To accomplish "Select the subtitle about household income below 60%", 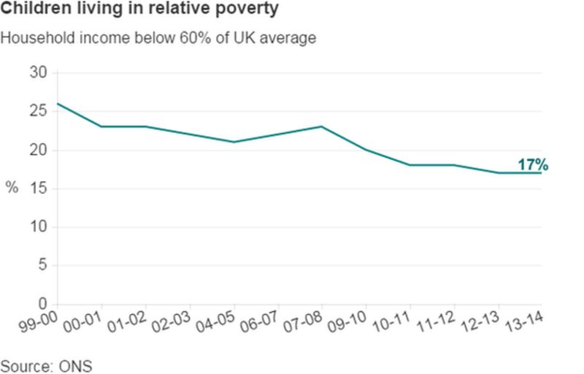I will [158, 38].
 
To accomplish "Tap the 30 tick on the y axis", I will [38, 73].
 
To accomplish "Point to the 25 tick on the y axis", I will [38, 112].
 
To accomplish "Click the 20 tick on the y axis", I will [38, 150].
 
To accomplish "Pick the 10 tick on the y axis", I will [38, 227].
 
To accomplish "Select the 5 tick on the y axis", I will [42, 266].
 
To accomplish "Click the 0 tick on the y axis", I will [42, 304].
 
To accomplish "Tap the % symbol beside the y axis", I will [12, 188].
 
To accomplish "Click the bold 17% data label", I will [532, 165].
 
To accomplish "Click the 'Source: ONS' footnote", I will [47, 365].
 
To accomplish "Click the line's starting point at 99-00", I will [58, 104].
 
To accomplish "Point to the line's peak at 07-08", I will [321, 126].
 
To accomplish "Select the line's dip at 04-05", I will [234, 142].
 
